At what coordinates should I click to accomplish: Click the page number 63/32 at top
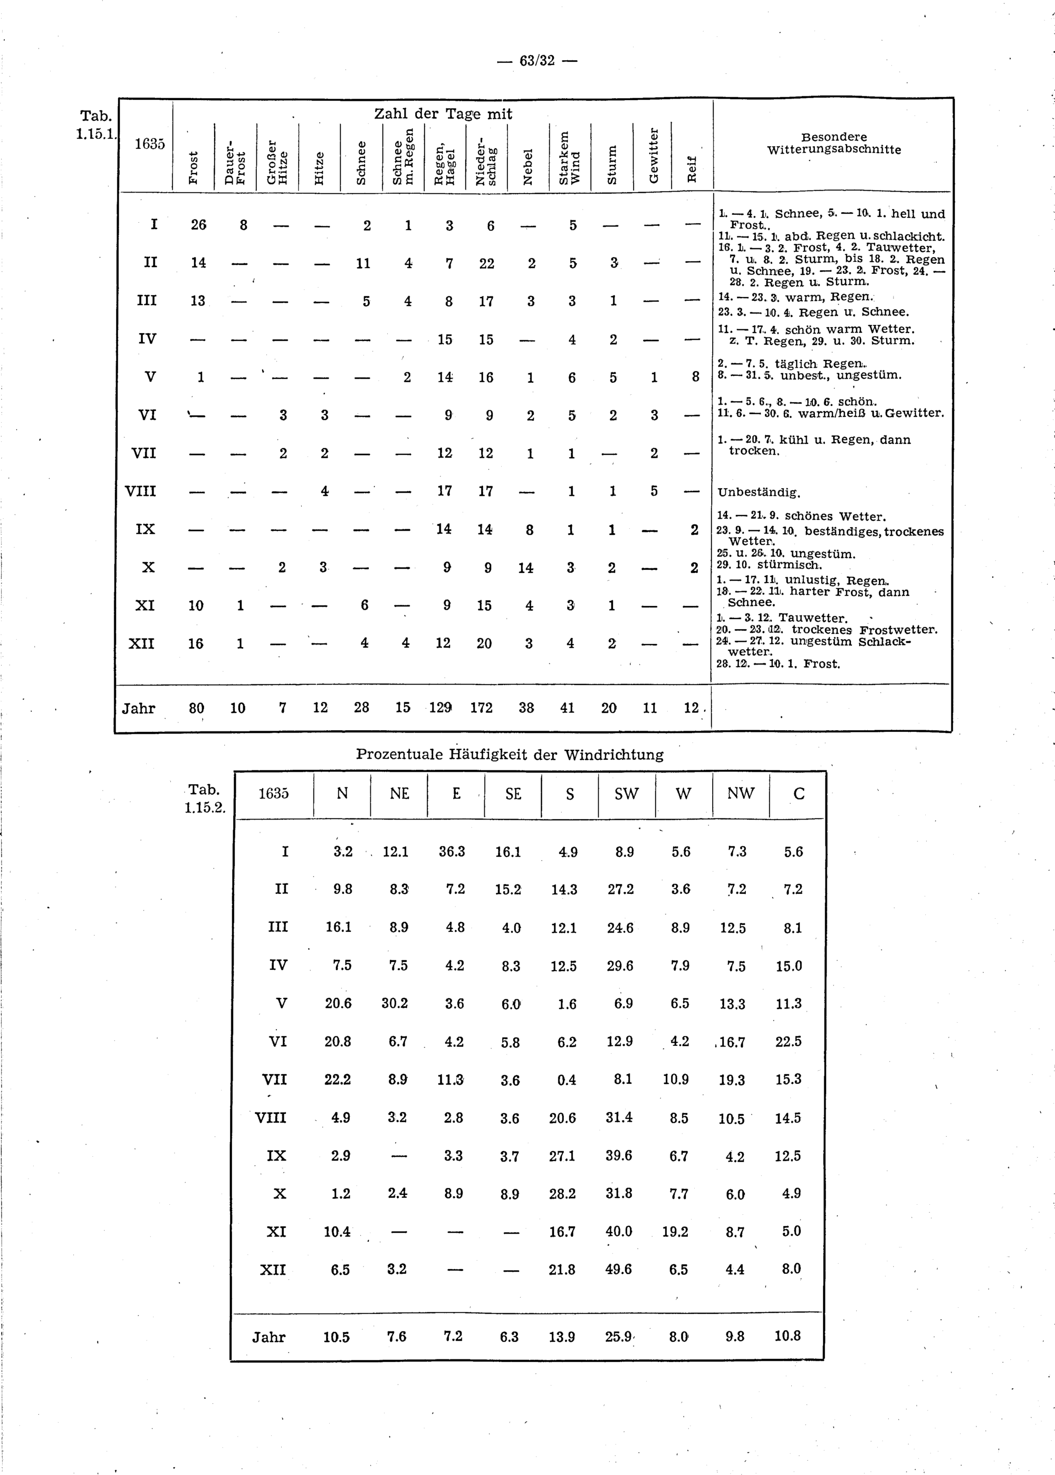pos(536,61)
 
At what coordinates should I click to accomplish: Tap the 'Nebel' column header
pos(528,166)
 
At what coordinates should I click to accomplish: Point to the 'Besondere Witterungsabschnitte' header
pos(834,144)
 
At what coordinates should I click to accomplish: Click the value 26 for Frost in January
pos(198,225)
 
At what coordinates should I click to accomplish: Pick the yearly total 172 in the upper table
pos(482,708)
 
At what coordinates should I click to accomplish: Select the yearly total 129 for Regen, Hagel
pos(440,708)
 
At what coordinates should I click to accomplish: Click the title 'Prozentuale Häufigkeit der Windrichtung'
pos(510,755)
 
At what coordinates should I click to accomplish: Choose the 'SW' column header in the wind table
pos(626,793)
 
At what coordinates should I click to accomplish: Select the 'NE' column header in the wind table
pos(399,793)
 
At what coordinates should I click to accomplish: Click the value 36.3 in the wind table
pos(452,851)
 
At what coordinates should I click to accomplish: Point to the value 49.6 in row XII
pos(618,1269)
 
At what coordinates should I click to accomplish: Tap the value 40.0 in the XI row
pos(618,1231)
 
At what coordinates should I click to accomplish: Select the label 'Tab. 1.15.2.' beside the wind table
pos(205,798)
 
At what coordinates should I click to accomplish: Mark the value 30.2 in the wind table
pos(395,1003)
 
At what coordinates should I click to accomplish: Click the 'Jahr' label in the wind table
pos(269,1337)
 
